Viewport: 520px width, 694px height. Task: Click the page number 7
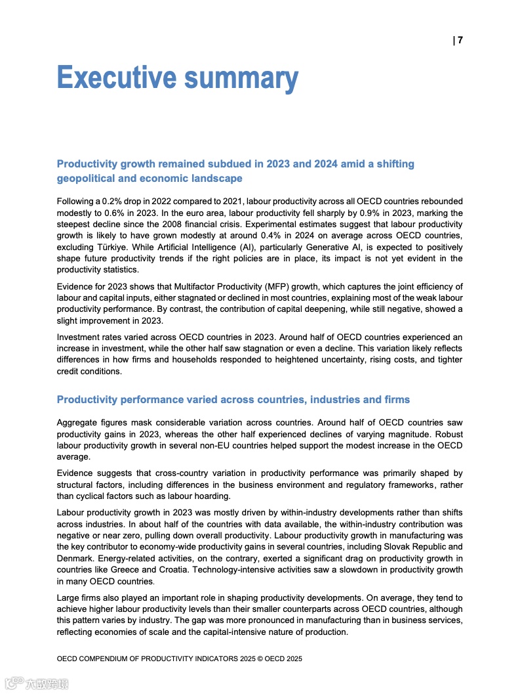pyautogui.click(x=460, y=40)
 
